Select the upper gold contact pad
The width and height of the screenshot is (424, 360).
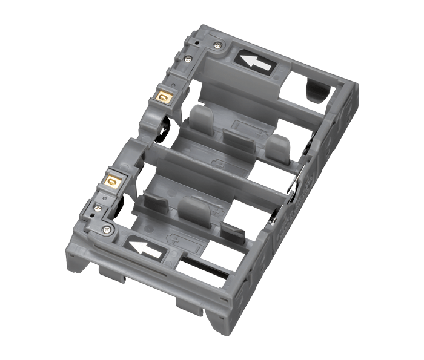[x=162, y=96]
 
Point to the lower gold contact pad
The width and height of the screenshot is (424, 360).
[x=111, y=180]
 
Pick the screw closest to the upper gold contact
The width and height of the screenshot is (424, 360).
[x=188, y=59]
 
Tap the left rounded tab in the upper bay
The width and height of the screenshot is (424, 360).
[x=199, y=119]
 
